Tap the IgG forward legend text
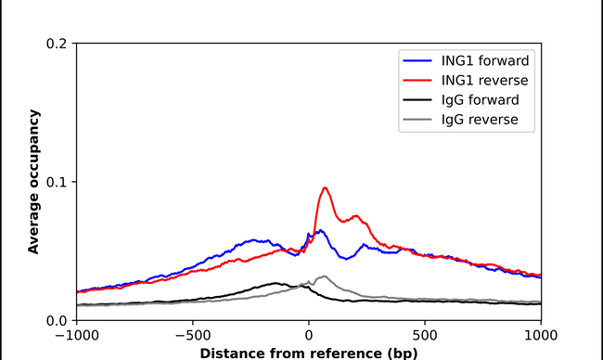tap(473, 100)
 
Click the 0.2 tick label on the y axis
tap(58, 44)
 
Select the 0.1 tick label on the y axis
tap(58, 182)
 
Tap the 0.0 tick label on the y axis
tap(58, 320)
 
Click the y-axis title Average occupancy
tap(33, 182)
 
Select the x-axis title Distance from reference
tap(308, 353)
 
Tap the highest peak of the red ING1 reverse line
tap(325, 188)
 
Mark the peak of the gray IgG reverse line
tap(323, 276)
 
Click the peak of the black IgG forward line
tap(276, 283)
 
